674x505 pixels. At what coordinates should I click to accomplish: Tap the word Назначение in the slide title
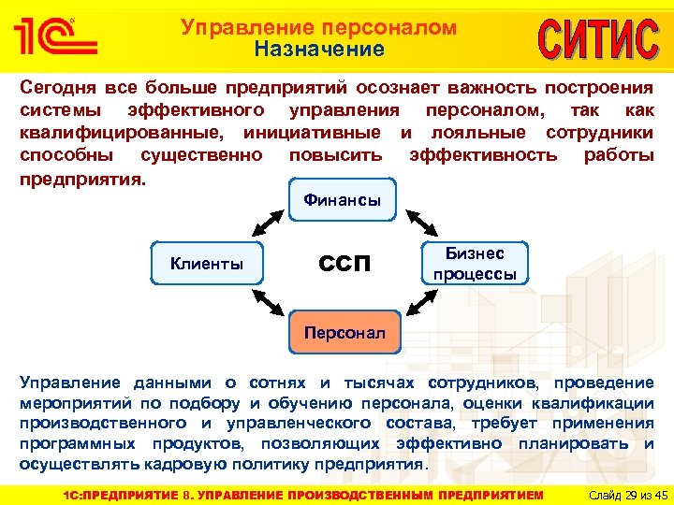(x=319, y=50)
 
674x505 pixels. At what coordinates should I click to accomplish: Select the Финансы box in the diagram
(x=342, y=201)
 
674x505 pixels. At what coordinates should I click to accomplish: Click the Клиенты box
(x=206, y=264)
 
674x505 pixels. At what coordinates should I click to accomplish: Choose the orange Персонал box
(x=344, y=333)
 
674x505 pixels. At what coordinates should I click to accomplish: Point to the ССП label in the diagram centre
(x=344, y=266)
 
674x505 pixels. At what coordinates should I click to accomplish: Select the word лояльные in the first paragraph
(x=474, y=133)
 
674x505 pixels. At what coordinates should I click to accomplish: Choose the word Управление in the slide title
(x=241, y=28)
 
